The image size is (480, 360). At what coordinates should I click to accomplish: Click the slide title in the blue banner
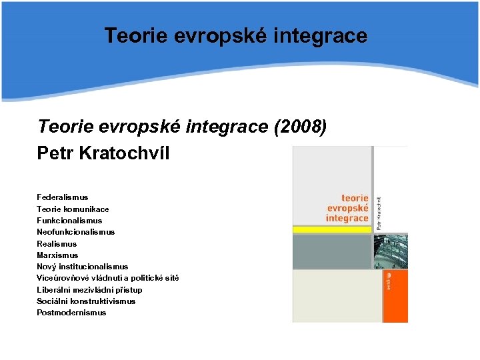coord(235,35)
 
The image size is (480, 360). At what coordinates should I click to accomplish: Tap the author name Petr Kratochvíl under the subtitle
coord(103,153)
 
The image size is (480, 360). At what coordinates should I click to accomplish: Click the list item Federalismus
coord(62,197)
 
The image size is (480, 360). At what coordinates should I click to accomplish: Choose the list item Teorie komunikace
coord(73,209)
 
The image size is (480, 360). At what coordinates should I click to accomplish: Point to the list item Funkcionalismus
coord(69,220)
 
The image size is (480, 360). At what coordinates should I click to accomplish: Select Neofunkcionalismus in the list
coord(75,232)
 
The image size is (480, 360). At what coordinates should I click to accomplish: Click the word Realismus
coord(57,244)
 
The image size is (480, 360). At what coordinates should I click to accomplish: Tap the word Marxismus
coord(57,255)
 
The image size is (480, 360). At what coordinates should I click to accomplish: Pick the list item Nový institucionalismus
coord(82,267)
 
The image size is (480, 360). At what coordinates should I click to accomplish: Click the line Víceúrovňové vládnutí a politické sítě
coord(107,278)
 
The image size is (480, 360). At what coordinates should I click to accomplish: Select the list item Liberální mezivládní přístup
coord(89,290)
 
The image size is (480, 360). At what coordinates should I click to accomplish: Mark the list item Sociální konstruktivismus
coord(86,301)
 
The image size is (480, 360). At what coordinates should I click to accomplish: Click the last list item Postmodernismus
coord(71,313)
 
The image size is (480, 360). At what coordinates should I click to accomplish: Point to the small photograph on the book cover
coord(391,251)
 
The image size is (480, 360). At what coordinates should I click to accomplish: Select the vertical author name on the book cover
coord(379,212)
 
